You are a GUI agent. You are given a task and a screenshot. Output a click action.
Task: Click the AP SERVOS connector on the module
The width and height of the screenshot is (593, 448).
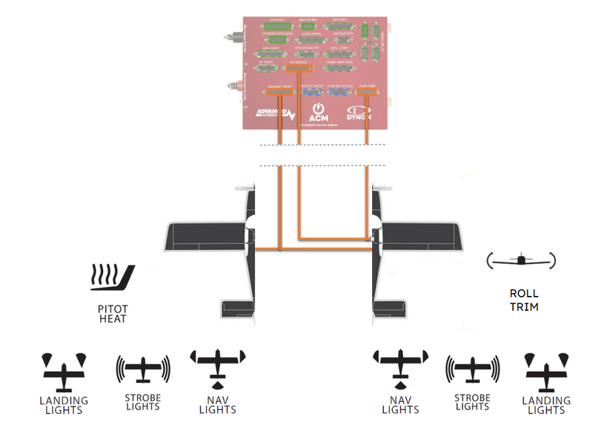click(298, 69)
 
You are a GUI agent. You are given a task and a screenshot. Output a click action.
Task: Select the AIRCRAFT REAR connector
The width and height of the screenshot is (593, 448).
click(279, 93)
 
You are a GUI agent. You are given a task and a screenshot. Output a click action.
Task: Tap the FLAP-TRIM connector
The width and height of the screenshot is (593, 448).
click(368, 93)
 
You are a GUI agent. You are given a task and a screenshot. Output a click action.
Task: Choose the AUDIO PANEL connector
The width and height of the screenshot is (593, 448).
click(311, 39)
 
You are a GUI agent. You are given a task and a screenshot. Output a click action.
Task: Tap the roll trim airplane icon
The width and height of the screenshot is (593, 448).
click(521, 260)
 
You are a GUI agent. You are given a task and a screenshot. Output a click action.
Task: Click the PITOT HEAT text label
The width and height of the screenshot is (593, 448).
click(113, 314)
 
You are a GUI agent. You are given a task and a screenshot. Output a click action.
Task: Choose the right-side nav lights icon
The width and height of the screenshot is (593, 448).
click(400, 368)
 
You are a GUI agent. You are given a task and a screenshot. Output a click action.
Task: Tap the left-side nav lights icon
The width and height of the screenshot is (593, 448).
click(218, 368)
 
